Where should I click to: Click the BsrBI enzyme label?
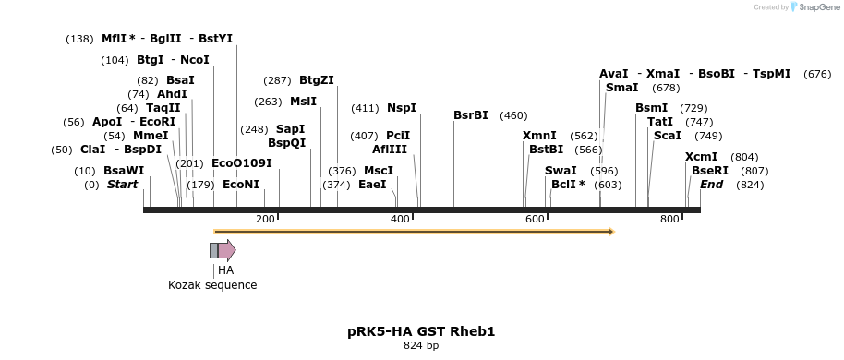(x=471, y=115)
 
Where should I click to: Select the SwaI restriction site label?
(x=561, y=171)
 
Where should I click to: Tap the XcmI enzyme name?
(x=702, y=157)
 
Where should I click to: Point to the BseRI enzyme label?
(x=710, y=171)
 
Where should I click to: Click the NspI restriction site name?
(x=402, y=108)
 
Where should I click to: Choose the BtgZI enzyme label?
(x=317, y=80)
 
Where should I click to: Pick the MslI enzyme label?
(x=303, y=102)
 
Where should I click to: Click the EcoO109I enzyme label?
(x=242, y=163)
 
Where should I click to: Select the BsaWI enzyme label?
(x=124, y=171)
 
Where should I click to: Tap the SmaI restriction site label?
(x=621, y=88)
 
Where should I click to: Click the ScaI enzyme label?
(x=668, y=136)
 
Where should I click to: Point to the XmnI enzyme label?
(x=539, y=136)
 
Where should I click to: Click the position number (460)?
(x=513, y=115)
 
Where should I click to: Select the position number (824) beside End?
(x=750, y=185)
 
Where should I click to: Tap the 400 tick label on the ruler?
(x=400, y=219)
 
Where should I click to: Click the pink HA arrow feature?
(x=227, y=250)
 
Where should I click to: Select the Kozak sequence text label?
(x=212, y=285)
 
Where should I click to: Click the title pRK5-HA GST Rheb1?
(x=421, y=330)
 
